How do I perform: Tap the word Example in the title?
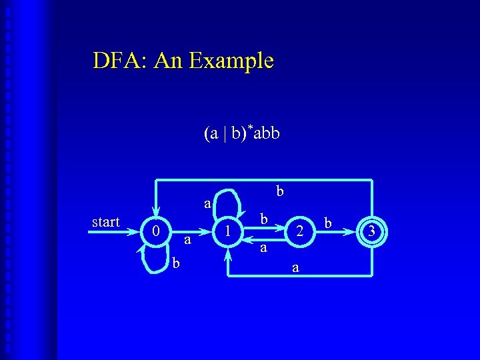point(231,61)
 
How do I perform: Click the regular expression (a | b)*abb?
point(241,133)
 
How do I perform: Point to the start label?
point(105,222)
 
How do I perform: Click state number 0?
point(155,231)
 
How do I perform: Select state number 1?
point(228,231)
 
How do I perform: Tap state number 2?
point(301,231)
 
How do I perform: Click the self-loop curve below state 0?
point(151,264)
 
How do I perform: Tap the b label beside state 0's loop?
point(176,263)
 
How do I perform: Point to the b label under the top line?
point(280,191)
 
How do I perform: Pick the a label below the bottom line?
point(295,268)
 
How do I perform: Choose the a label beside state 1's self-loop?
point(207,203)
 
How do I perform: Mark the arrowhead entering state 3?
point(353,231)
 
